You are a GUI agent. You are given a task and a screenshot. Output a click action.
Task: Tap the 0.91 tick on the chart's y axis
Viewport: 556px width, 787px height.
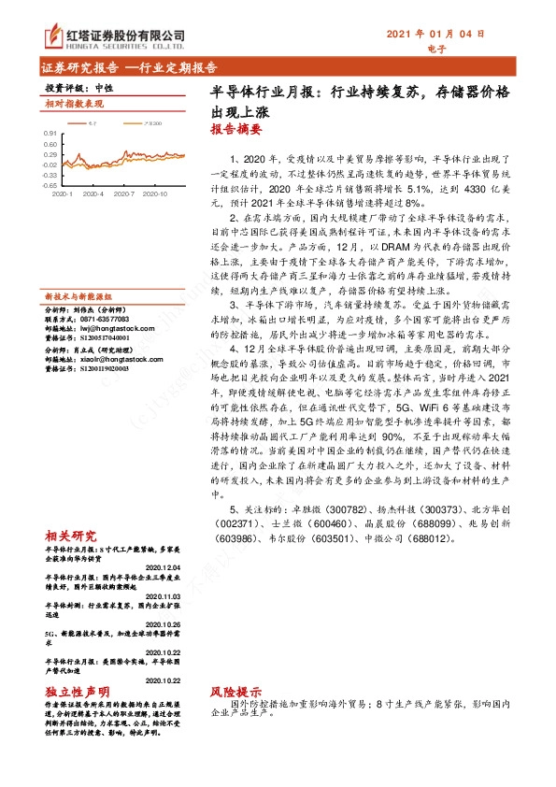tap(50, 133)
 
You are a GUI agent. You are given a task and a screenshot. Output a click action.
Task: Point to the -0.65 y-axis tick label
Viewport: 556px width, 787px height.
tap(49, 185)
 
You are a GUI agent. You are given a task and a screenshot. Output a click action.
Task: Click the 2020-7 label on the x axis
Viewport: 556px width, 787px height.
tap(125, 194)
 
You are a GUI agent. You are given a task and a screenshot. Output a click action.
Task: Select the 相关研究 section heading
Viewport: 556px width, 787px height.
tap(70, 537)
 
